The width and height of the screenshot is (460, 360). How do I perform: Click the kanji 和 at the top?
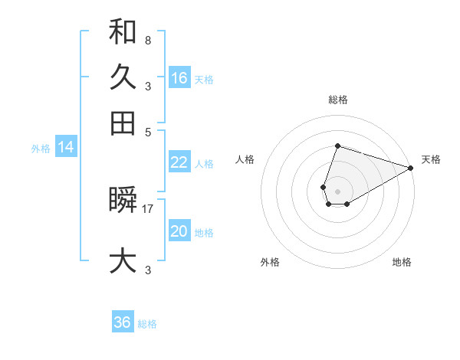[123, 32]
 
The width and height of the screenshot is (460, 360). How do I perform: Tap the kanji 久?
[123, 77]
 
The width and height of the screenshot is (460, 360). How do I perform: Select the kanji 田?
[123, 123]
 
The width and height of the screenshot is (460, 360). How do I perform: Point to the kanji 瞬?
[123, 201]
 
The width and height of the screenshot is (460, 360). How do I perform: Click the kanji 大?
[123, 260]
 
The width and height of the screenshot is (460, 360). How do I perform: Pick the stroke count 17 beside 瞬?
[148, 208]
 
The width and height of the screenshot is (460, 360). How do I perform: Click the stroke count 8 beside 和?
[147, 40]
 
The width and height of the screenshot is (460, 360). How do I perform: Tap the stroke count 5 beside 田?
[147, 131]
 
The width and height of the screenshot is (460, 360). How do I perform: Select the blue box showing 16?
[179, 77]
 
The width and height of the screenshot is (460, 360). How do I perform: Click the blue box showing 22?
[179, 162]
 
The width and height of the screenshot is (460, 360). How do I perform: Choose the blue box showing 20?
[179, 231]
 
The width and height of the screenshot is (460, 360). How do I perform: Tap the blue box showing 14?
[66, 147]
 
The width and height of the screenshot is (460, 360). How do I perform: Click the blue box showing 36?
[123, 322]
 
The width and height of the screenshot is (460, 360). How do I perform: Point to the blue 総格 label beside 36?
[147, 324]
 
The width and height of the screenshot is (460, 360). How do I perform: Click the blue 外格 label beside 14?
[40, 149]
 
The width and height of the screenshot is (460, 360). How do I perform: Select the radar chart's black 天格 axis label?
[431, 159]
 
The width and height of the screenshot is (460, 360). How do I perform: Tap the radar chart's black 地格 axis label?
[402, 262]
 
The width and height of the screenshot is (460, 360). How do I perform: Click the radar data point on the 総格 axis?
[337, 146]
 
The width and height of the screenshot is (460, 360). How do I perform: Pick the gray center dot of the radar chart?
[337, 191]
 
